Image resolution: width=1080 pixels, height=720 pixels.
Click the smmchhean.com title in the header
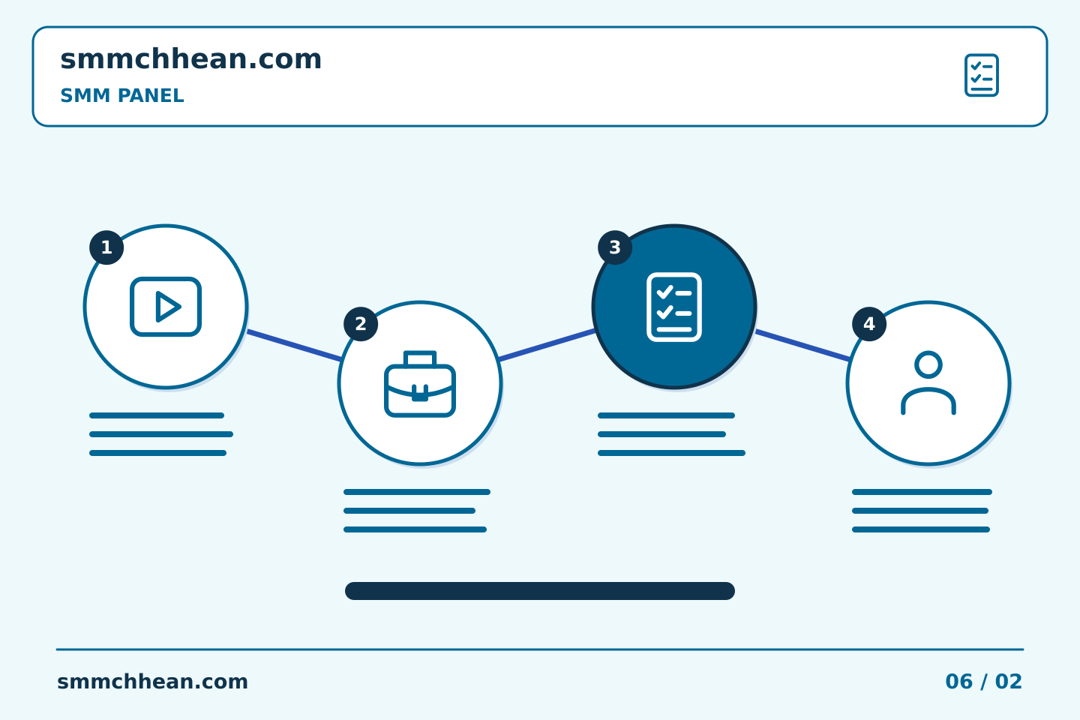point(191,58)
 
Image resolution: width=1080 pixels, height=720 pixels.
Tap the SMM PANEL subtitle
point(122,95)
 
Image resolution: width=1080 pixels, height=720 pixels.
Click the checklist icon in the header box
point(981,75)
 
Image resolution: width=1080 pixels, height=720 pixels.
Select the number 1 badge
point(106,247)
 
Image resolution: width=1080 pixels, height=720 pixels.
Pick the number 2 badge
point(361,324)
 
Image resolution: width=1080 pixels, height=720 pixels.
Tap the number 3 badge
point(615,247)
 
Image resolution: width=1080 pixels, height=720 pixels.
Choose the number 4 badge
point(868,324)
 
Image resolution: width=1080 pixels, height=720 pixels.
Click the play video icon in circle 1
point(165,307)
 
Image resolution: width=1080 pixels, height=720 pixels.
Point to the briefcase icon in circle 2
point(420,384)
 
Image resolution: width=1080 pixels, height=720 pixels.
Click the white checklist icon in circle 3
point(674,307)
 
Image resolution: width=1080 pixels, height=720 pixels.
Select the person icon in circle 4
point(928,383)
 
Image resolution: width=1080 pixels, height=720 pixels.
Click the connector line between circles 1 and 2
point(294,345)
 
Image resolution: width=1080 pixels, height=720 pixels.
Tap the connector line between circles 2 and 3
point(547,345)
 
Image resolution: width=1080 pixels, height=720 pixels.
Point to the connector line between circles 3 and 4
point(802,345)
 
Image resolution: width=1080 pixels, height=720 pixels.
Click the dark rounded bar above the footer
point(540,591)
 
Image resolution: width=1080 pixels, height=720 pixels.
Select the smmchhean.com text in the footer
point(152,682)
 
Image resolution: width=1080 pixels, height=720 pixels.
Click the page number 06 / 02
point(983,682)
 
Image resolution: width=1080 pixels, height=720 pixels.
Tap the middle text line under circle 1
point(161,434)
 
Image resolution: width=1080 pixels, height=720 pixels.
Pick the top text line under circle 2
point(417,492)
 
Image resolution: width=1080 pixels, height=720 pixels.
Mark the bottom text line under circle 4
point(921,529)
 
